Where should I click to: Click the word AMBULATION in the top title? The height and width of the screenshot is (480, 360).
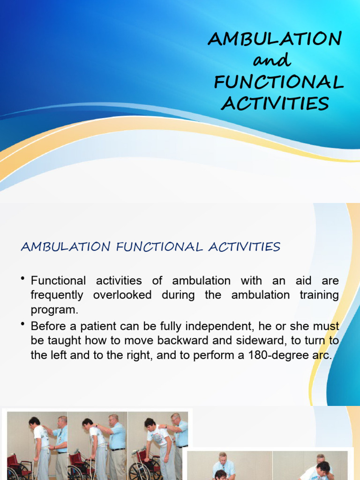coord(275,39)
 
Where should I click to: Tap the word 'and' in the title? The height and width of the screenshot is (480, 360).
coord(271,60)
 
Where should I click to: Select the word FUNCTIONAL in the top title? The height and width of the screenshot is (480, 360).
coord(278,82)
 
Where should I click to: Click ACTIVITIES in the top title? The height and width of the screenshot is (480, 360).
coord(275,104)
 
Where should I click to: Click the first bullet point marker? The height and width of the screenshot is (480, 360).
coord(23,280)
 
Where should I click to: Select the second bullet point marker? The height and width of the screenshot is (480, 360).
coord(23,324)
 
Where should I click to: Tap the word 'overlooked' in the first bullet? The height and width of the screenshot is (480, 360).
coord(122,295)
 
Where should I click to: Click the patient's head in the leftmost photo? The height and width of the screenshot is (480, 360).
coord(34,421)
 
